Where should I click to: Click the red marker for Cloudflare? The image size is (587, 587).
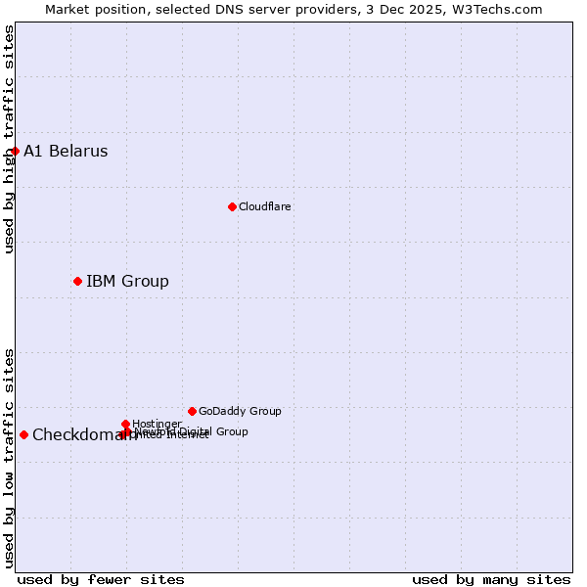pyautogui.click(x=232, y=206)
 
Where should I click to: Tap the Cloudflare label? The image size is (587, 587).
pyautogui.click(x=265, y=206)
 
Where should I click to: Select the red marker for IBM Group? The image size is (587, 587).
pyautogui.click(x=77, y=281)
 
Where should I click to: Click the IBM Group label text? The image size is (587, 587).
pyautogui.click(x=127, y=282)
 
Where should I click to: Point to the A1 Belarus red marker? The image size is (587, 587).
pyautogui.click(x=15, y=151)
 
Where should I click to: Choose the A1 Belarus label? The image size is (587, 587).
pyautogui.click(x=66, y=152)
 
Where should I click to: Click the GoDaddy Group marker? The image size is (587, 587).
pyautogui.click(x=192, y=411)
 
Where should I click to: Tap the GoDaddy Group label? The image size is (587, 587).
pyautogui.click(x=240, y=411)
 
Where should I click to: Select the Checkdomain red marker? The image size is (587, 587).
pyautogui.click(x=23, y=434)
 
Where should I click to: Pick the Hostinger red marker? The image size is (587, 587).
pyautogui.click(x=126, y=424)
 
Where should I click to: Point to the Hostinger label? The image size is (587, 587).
pyautogui.click(x=157, y=424)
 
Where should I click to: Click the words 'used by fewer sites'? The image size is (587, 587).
pyautogui.click(x=101, y=579)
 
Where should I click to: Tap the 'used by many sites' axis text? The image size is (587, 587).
pyautogui.click(x=491, y=579)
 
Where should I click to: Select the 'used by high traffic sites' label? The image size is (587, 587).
pyautogui.click(x=10, y=139)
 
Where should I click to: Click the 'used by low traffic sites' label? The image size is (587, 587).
pyautogui.click(x=10, y=458)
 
